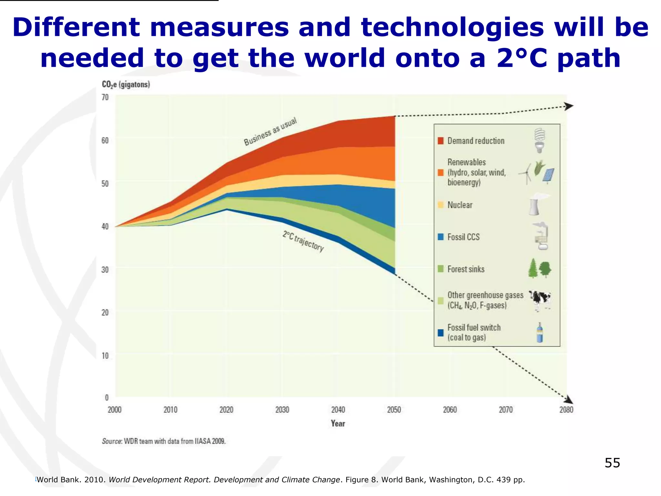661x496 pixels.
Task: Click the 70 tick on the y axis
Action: (105, 97)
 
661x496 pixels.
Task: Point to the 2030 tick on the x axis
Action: (282, 410)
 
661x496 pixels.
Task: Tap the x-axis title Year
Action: (338, 424)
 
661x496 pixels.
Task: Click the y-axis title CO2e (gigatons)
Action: (126, 85)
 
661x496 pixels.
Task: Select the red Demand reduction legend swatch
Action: (441, 141)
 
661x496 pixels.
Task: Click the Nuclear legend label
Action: (460, 205)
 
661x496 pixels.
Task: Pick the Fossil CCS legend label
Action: (463, 237)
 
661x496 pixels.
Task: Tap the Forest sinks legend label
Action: (466, 269)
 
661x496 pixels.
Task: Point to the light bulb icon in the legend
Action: (539, 140)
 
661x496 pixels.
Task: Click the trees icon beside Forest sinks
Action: (540, 268)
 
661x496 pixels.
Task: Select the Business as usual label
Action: (270, 132)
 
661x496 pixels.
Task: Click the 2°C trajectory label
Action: (303, 241)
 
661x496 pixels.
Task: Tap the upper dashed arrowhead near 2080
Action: (569, 106)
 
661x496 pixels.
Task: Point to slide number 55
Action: (612, 463)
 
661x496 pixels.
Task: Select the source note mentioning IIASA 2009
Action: (164, 441)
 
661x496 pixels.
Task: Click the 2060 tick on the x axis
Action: (450, 410)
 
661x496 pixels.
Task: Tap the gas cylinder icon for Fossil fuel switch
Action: (539, 333)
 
